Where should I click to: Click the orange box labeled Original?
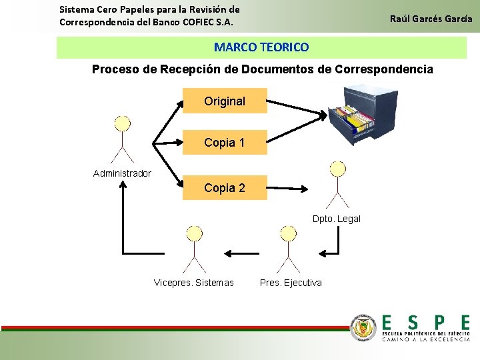tap(225, 101)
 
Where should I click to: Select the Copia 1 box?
tap(225, 142)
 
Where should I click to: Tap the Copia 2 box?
tap(225, 188)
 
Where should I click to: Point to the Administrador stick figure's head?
tap(123, 124)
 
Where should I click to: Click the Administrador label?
tap(122, 173)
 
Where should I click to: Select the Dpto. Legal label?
tap(337, 219)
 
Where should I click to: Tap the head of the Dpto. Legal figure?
tap(339, 169)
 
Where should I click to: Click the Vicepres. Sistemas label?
tap(194, 283)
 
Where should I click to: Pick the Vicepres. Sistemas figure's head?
tap(194, 233)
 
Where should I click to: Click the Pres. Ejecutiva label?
tap(291, 283)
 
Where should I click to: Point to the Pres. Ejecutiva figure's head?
tap(289, 233)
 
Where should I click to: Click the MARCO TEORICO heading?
tap(261, 47)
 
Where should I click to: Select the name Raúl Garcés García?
tap(431, 19)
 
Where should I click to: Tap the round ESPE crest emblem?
tap(363, 327)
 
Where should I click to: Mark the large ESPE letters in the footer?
tap(425, 323)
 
